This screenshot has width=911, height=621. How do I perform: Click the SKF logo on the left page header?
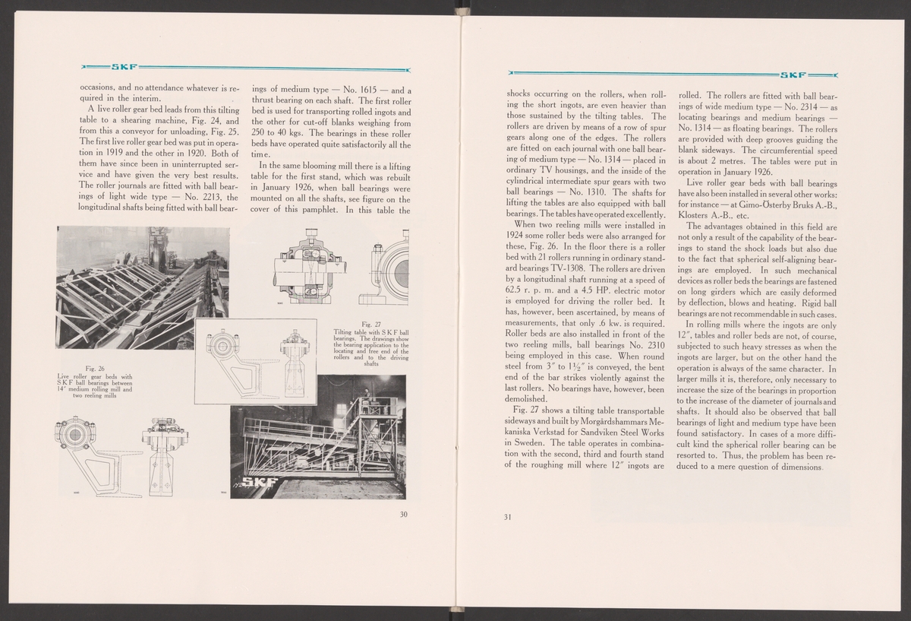[124, 66]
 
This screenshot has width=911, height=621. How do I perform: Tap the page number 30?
[405, 515]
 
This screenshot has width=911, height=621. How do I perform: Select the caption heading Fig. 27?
[371, 323]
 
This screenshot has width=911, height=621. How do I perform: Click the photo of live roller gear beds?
[142, 287]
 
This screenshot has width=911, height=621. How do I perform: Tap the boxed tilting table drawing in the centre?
[255, 361]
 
